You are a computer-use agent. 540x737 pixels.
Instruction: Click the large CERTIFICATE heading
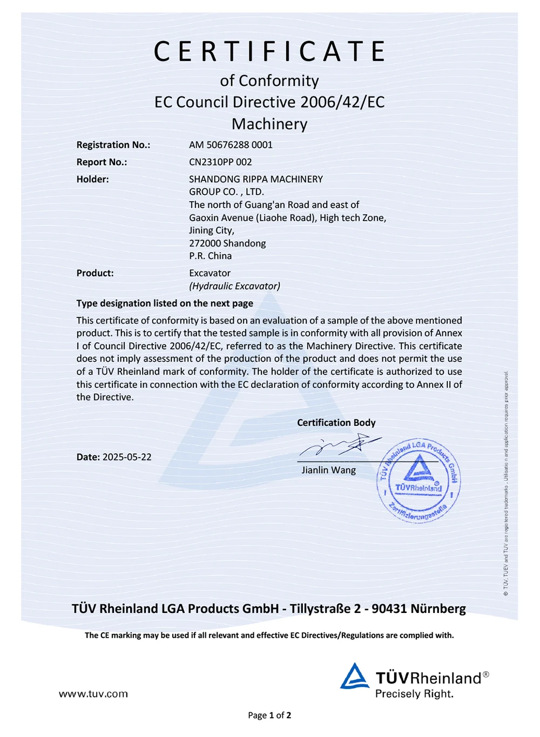pyautogui.click(x=269, y=52)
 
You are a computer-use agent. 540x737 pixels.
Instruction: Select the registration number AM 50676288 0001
pyautogui.click(x=231, y=145)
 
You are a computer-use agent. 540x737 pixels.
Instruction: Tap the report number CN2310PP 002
pyautogui.click(x=220, y=162)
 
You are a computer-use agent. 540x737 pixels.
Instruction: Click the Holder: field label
pyautogui.click(x=92, y=179)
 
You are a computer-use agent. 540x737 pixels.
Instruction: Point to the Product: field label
pyautogui.click(x=95, y=273)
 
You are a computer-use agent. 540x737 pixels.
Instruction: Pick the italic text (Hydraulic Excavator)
pyautogui.click(x=234, y=286)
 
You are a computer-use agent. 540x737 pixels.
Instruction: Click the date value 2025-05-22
pyautogui.click(x=127, y=457)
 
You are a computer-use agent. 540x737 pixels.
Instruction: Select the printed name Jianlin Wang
pyautogui.click(x=328, y=470)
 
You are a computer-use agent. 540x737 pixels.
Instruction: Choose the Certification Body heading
pyautogui.click(x=336, y=422)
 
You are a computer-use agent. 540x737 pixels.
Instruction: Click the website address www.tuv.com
pyautogui.click(x=93, y=694)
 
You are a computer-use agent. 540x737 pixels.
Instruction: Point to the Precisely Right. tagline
pyautogui.click(x=414, y=694)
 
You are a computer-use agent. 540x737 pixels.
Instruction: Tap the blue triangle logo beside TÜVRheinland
pyautogui.click(x=354, y=676)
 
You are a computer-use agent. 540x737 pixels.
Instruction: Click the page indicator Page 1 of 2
pyautogui.click(x=269, y=715)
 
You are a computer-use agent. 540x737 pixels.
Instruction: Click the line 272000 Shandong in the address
pyautogui.click(x=227, y=243)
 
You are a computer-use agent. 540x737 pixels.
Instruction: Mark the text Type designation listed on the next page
pyautogui.click(x=165, y=303)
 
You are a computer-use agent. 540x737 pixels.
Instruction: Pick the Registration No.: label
pyautogui.click(x=113, y=145)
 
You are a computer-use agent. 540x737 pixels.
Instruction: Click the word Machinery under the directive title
pyautogui.click(x=269, y=124)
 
